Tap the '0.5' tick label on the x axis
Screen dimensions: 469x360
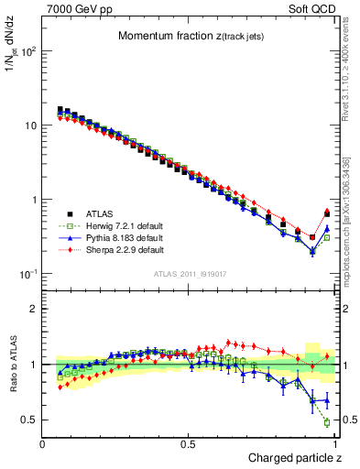tap(189, 444)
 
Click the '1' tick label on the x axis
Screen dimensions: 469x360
tap(335, 444)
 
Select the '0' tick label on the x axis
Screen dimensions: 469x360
tap(43, 444)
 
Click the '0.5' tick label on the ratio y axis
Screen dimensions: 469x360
tap(29, 420)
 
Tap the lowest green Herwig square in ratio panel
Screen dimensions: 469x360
tap(327, 422)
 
